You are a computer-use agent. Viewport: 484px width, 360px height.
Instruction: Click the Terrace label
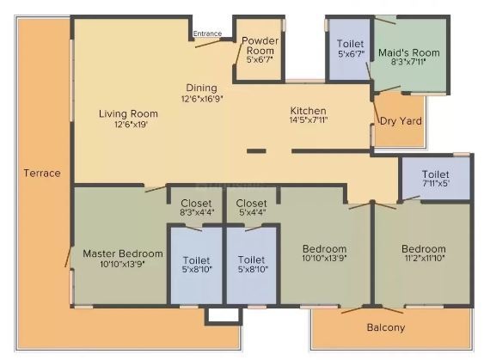coord(42,173)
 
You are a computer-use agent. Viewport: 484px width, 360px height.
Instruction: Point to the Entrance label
coord(207,34)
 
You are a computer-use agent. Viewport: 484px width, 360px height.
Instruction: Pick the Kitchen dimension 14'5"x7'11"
coord(308,122)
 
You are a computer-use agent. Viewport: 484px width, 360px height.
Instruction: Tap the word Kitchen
coord(308,111)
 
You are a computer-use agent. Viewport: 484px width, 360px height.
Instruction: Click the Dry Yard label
coord(401,121)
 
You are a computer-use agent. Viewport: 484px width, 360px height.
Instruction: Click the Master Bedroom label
coord(122,253)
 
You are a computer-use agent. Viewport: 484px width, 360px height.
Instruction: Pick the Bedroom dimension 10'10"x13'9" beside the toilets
coord(324,259)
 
